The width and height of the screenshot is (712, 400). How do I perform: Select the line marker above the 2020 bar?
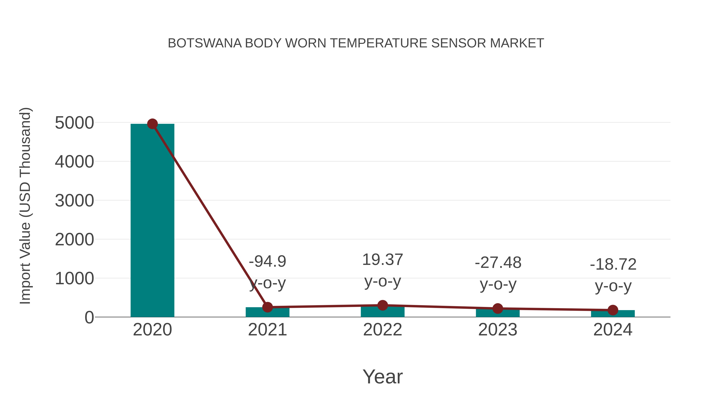click(152, 124)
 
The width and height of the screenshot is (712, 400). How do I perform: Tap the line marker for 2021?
click(267, 307)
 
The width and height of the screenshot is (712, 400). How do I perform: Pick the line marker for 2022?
click(383, 305)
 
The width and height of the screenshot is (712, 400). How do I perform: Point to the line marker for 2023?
click(498, 308)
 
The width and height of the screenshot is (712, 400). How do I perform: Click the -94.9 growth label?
click(267, 261)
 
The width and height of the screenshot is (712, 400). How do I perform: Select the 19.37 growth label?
click(383, 260)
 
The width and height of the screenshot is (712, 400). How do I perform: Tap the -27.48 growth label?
click(498, 263)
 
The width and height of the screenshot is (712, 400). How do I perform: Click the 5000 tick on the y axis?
click(74, 123)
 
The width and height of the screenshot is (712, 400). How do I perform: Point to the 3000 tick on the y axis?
click(74, 201)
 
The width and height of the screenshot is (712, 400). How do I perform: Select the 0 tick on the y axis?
click(89, 317)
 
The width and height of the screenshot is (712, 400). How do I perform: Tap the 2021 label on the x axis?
click(267, 330)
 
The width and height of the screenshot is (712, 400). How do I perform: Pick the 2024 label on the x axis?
click(613, 330)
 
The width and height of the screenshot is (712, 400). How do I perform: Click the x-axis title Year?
click(383, 376)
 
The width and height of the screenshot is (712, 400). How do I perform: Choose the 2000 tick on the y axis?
click(74, 240)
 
